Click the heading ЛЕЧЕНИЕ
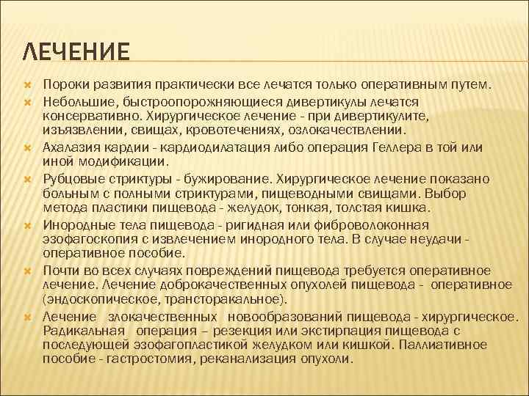(77, 53)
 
